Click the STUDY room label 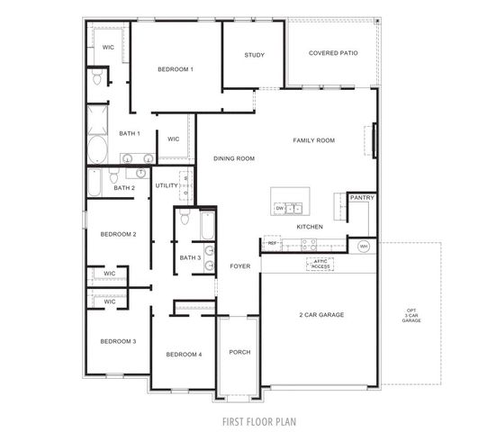[254, 56]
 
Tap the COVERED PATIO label [333, 53]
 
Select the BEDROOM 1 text [176, 69]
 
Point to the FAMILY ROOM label [314, 140]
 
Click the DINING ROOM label [234, 158]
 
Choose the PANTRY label [362, 197]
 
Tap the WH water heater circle [364, 246]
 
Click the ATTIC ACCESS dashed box [320, 265]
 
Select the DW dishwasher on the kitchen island [280, 208]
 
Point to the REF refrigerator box [272, 243]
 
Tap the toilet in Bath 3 [185, 219]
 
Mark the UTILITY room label [167, 185]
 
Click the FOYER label [239, 265]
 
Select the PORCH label [239, 352]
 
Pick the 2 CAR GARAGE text [321, 314]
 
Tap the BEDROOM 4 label [184, 355]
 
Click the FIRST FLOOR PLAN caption [260, 420]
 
